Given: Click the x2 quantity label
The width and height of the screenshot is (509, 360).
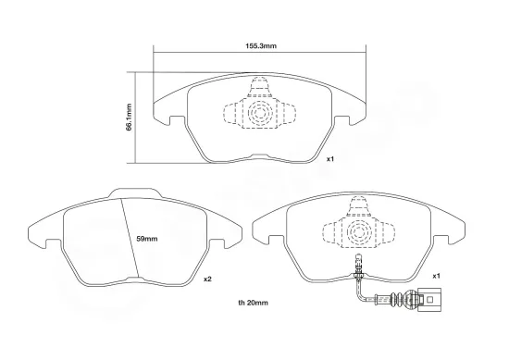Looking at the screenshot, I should click(x=209, y=278).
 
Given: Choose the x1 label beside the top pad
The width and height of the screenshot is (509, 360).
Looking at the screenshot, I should click(x=330, y=159).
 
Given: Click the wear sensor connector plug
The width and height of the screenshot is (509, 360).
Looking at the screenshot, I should click(x=427, y=299).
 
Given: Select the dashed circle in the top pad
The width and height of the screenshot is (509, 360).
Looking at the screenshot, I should click(x=258, y=116).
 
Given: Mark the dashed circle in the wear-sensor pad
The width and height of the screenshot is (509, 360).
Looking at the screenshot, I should click(x=356, y=232).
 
